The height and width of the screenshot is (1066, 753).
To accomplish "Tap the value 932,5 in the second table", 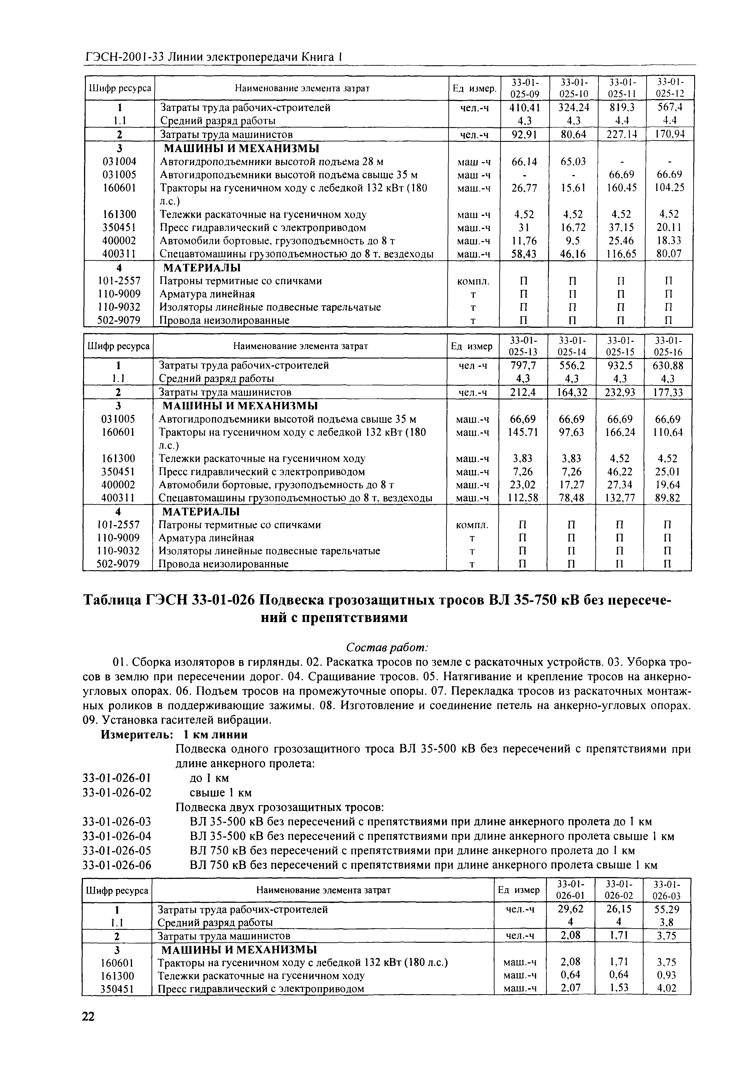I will coord(619,365).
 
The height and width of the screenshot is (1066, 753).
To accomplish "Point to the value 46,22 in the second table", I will coord(619,472).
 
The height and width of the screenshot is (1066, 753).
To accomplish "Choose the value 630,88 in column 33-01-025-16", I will coord(668,365).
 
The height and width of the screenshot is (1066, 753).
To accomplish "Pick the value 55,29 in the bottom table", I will coord(667,909).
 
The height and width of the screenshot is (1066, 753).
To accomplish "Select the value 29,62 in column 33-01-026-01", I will coord(570,909).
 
